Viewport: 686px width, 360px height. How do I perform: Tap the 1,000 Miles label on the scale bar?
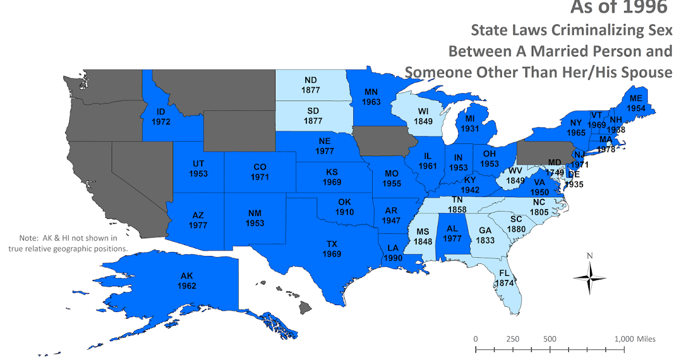click(x=635, y=339)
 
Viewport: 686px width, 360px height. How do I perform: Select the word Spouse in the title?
click(x=644, y=72)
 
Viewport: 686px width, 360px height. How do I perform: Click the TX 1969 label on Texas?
click(x=332, y=249)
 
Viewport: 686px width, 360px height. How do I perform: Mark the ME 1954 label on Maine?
click(x=636, y=103)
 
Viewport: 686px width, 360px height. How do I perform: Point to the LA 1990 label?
click(x=394, y=253)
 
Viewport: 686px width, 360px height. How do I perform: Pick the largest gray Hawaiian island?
click(x=306, y=307)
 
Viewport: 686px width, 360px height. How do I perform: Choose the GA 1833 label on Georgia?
click(x=485, y=235)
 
